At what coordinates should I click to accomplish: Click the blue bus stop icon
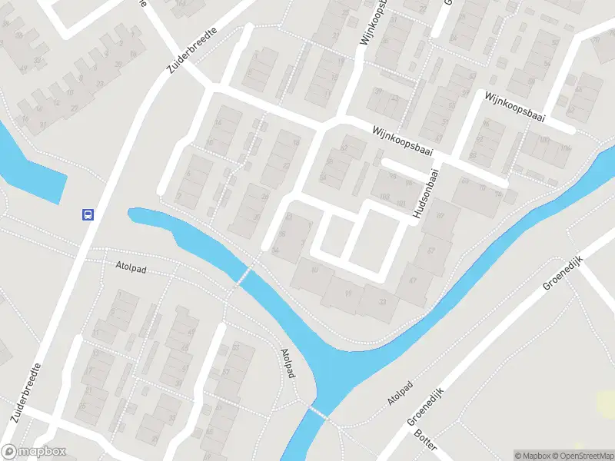[x=88, y=215]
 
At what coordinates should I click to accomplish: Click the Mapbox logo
[x=34, y=452]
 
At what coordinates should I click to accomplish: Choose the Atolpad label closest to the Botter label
[x=401, y=393]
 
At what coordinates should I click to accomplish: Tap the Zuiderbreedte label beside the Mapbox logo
[x=26, y=396]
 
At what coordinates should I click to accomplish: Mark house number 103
[x=385, y=197]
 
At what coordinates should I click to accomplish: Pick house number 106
[x=566, y=148]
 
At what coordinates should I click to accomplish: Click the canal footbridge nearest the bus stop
[x=243, y=276]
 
